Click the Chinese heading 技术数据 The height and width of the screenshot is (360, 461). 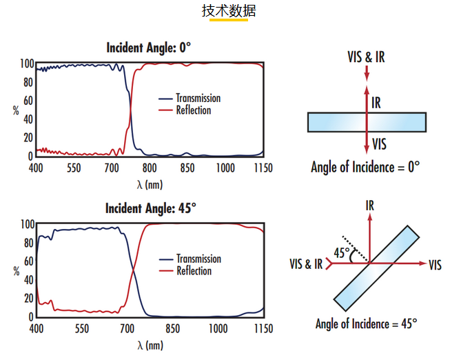pos(229,11)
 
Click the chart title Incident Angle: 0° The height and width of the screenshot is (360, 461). pos(148,48)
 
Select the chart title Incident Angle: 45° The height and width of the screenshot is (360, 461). pos(150,208)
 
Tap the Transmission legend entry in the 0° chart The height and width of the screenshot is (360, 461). pos(189,99)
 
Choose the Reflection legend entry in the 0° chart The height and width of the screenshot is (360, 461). pos(185,110)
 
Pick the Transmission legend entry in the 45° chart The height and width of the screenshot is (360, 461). pos(190,259)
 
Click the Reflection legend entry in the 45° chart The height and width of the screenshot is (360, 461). pos(185,271)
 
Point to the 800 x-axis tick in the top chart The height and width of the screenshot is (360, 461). pos(150,168)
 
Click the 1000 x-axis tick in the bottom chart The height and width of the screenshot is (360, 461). pos(218,328)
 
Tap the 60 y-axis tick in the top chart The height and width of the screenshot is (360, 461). pos(28,101)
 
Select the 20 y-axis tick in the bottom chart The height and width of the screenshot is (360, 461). pos(29,299)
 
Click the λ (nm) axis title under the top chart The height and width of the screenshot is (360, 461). pos(150,185)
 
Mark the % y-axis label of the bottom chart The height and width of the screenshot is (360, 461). pos(17,271)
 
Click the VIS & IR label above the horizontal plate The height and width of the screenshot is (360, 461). pos(366,57)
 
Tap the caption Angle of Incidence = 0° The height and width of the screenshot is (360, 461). pos(365,167)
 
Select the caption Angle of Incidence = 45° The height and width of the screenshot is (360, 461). pos(367,324)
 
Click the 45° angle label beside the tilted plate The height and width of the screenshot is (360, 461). pos(342,253)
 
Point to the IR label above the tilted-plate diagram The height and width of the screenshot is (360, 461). pos(370,206)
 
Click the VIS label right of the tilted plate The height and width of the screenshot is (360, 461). pos(435,265)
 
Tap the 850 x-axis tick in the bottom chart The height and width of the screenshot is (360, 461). pos(172,328)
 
